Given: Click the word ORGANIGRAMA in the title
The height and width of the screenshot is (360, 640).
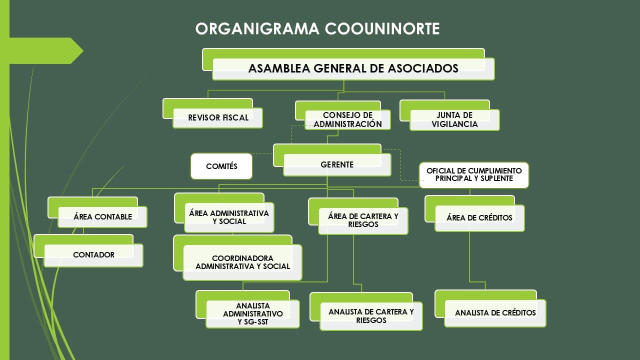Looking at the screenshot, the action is coord(257,28).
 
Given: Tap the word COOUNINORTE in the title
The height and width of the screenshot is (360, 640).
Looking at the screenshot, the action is coord(382,28).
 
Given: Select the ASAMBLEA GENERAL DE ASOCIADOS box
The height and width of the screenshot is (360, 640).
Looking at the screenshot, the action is coord(348,64).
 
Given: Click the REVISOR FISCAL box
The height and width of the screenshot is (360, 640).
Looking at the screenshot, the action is coord(212,113).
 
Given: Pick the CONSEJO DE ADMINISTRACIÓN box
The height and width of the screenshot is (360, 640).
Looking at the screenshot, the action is coord(343,115).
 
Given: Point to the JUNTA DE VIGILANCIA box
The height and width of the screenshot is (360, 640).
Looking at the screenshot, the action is coord(449,115).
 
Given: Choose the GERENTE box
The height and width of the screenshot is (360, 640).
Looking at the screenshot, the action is coord(332,160).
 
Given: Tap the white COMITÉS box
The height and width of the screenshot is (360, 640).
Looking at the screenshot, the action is coord(221,166).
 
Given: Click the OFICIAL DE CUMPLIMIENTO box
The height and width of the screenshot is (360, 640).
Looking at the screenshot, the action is coord(474,175).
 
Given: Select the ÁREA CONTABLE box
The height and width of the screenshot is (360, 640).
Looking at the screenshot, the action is coord(97,212).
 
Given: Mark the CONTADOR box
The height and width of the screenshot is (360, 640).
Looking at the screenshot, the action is coord(88,251).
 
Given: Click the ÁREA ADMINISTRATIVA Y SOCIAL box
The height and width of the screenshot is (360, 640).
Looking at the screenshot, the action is coord(224,213).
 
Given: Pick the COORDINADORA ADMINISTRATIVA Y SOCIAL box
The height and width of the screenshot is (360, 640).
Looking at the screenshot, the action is coord(237,258).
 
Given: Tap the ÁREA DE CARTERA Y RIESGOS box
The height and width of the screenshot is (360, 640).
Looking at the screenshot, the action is coord(358,216).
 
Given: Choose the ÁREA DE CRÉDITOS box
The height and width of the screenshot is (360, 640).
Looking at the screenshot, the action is coord(474,213).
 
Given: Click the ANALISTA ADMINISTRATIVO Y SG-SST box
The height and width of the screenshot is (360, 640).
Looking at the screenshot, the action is coord(247,309).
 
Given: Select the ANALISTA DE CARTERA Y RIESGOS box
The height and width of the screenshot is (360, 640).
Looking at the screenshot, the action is coord(366,311).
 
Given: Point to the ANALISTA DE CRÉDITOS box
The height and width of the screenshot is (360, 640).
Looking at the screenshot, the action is coord(490,308).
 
